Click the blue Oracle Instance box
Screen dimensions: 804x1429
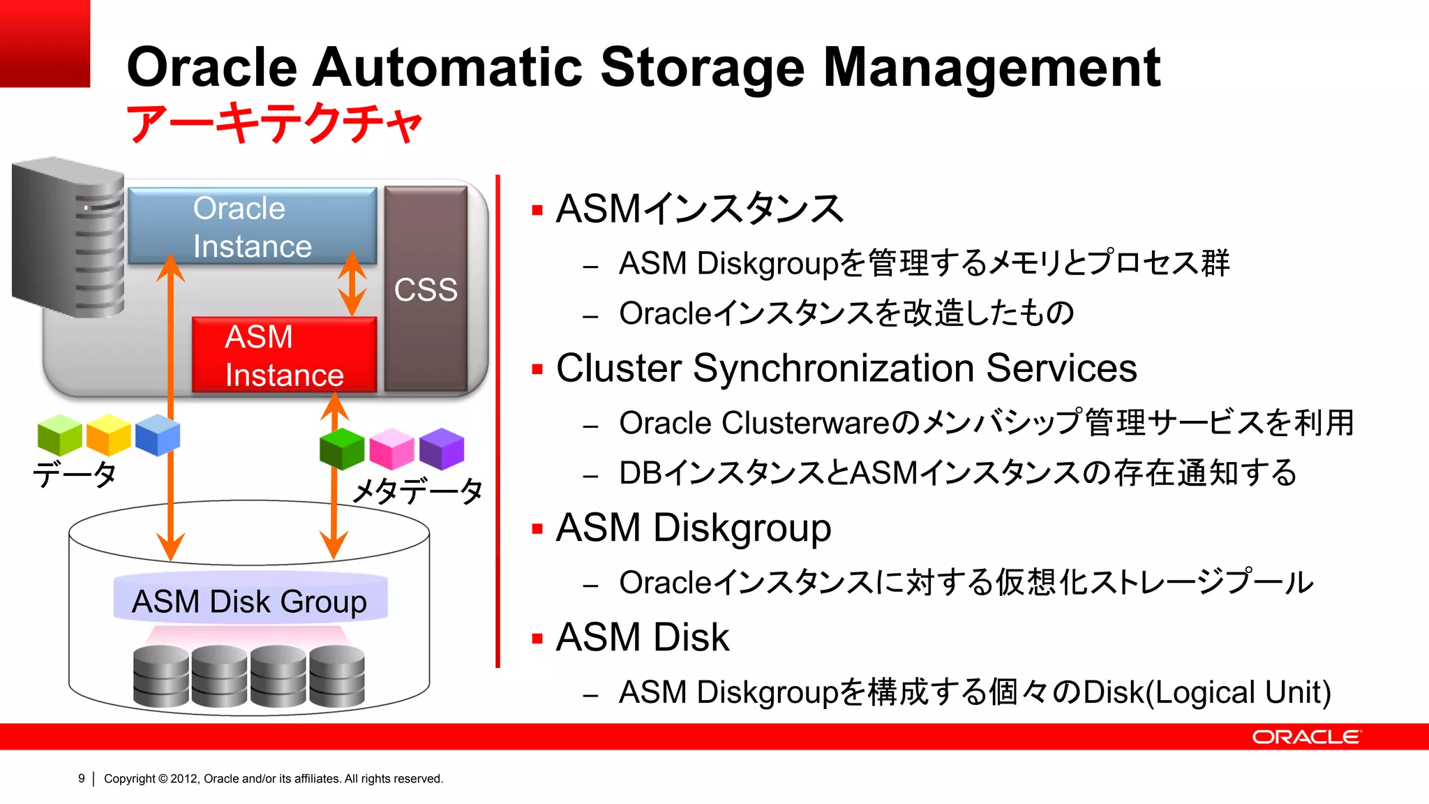(x=252, y=225)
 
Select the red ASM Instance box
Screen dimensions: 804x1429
(x=284, y=355)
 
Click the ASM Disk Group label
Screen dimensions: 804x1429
(x=250, y=601)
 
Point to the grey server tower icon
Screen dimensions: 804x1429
(x=68, y=237)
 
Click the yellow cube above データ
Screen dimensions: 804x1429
(x=108, y=435)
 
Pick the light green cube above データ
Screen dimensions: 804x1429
(x=60, y=435)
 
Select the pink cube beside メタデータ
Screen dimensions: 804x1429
(x=391, y=449)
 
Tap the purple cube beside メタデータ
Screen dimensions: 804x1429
(x=442, y=448)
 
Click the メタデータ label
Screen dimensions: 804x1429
(x=417, y=491)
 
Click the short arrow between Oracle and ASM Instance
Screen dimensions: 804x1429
(x=352, y=284)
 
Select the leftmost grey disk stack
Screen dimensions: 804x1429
(x=161, y=676)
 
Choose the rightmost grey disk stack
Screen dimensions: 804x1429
(x=337, y=676)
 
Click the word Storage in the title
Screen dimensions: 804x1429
(x=702, y=68)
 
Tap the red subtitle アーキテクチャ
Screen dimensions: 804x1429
(x=274, y=124)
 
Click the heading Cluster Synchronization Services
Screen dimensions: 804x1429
(x=846, y=368)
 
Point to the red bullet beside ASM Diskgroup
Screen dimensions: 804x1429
(x=537, y=529)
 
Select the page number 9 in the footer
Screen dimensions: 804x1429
(x=82, y=778)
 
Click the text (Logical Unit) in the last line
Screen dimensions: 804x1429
(x=1242, y=692)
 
